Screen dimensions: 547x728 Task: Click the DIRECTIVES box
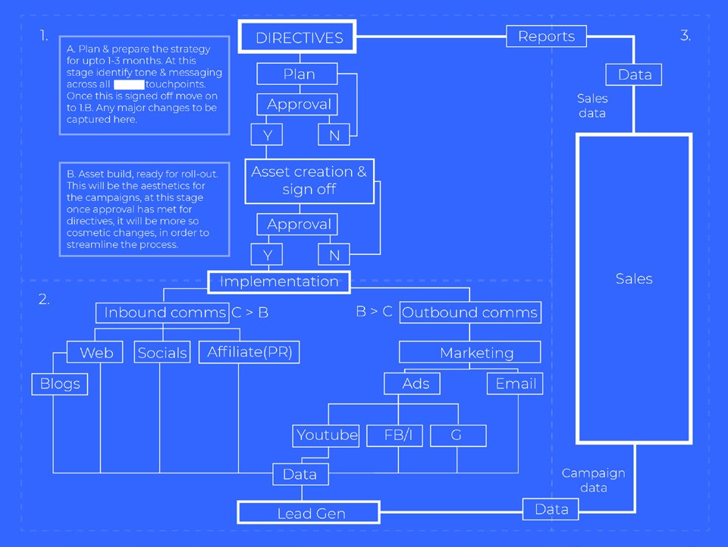(x=299, y=38)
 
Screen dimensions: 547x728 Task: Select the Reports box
(x=546, y=36)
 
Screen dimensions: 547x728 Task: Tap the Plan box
(x=299, y=74)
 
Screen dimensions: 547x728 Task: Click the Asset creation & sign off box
(x=309, y=181)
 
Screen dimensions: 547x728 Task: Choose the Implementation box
(x=279, y=281)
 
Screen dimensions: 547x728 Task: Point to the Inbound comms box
(x=163, y=313)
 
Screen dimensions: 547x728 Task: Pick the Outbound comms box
(x=470, y=313)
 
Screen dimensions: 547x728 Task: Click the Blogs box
(x=60, y=384)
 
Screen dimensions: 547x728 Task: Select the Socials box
(x=162, y=353)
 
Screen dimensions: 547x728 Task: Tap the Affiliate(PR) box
(x=249, y=352)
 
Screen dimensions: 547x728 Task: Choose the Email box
(x=516, y=384)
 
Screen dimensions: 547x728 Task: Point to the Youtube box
(x=327, y=435)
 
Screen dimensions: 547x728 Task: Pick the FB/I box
(x=394, y=435)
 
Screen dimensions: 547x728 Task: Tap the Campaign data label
(x=593, y=480)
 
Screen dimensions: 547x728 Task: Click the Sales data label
(x=592, y=105)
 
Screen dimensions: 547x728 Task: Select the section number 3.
(x=686, y=36)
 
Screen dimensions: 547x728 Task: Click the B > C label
(x=375, y=312)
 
